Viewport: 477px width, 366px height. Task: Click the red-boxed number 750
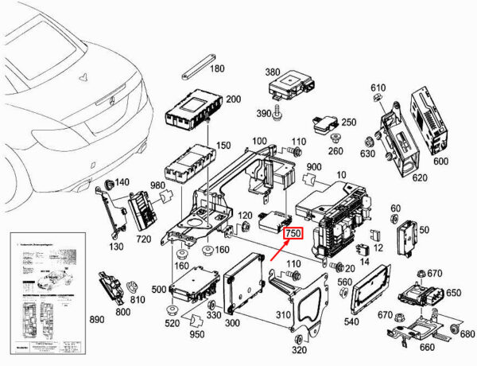pyautogui.click(x=293, y=233)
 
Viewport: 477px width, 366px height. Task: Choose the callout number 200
pyautogui.click(x=233, y=99)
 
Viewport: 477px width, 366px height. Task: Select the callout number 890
pyautogui.click(x=97, y=319)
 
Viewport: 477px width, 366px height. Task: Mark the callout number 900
pyautogui.click(x=314, y=167)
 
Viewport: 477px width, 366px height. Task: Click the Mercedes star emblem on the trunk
pyautogui.click(x=83, y=77)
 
